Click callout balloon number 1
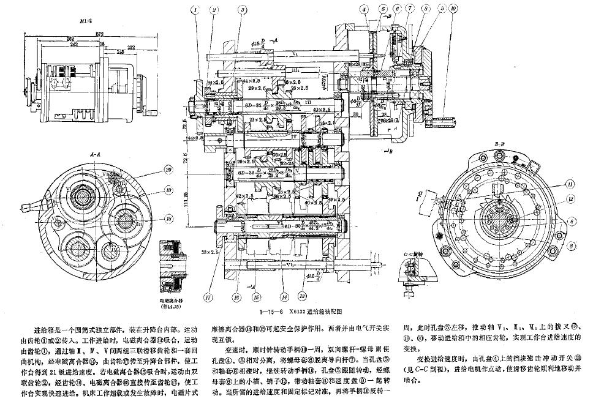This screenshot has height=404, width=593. tap(195, 10)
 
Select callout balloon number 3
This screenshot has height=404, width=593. tap(243, 10)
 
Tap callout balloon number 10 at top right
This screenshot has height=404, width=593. tap(453, 9)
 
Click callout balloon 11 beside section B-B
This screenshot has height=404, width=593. tap(569, 183)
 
